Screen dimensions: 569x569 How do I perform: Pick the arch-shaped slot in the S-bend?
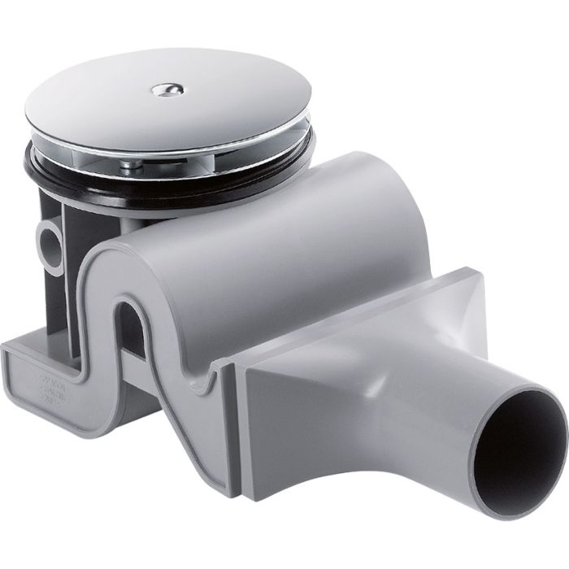pyautogui.click(x=130, y=325)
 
